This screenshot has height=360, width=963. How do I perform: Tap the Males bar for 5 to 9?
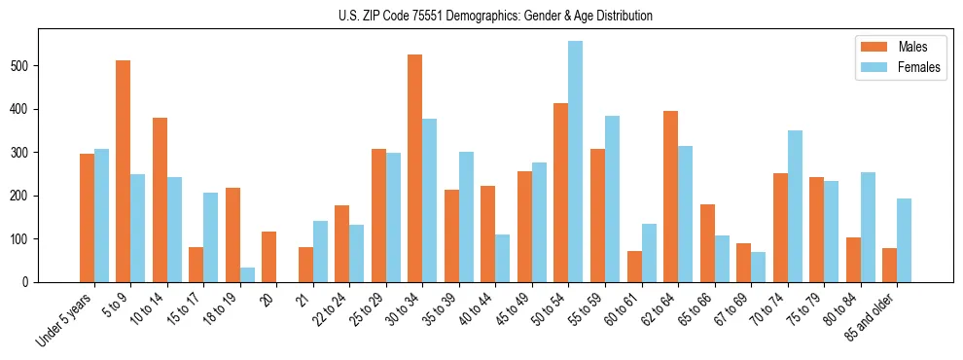coord(124,171)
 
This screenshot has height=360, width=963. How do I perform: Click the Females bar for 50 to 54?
coord(576,162)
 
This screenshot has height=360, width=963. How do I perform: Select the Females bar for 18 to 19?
coord(247,274)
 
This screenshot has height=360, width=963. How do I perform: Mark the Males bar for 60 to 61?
coord(634,267)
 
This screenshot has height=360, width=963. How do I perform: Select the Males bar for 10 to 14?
coord(160,199)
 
